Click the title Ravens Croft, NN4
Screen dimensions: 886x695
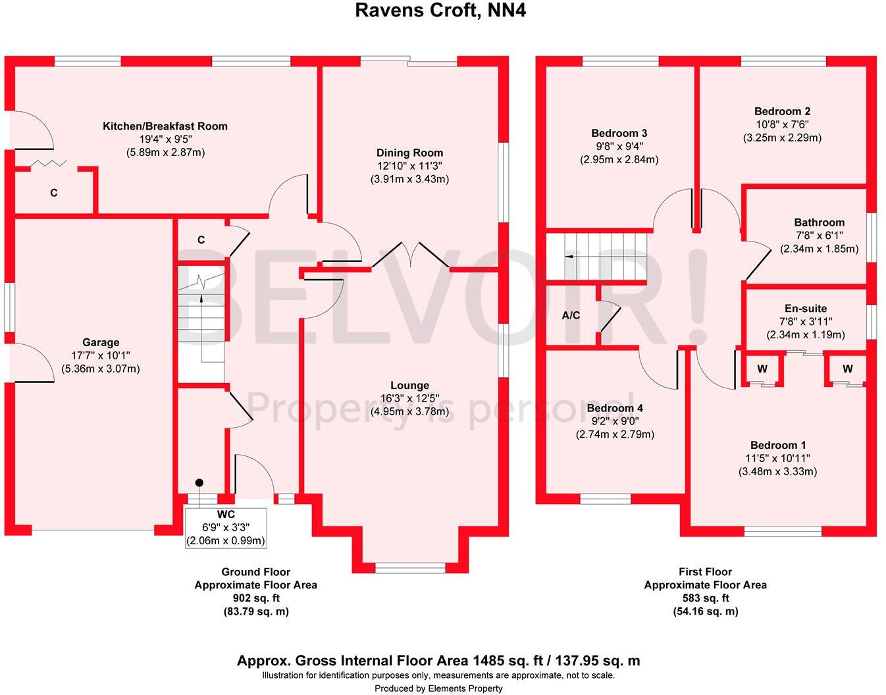[440, 10]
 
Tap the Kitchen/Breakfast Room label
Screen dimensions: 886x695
[165, 126]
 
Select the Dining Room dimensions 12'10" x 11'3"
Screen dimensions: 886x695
[410, 166]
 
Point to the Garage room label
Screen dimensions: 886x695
[101, 342]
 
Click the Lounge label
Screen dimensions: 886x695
[410, 385]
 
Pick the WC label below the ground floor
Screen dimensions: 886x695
[226, 515]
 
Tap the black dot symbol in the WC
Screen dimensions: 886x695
[199, 483]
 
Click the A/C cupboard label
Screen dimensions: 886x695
[571, 315]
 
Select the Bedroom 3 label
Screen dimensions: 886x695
[619, 134]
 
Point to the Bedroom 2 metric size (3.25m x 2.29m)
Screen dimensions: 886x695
[782, 138]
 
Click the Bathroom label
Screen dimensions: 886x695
[820, 222]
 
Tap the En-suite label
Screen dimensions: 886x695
[806, 309]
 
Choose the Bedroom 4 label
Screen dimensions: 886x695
[615, 408]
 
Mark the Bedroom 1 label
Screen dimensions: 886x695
[778, 445]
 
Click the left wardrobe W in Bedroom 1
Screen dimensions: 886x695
[762, 369]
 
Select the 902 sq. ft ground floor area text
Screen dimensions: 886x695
[256, 598]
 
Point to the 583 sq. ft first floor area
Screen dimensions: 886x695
[706, 598]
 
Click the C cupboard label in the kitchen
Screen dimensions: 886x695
[54, 193]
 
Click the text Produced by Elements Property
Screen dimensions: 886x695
[438, 688]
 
